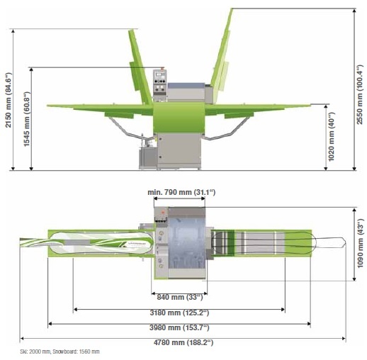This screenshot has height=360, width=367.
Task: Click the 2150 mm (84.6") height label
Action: click(9, 100)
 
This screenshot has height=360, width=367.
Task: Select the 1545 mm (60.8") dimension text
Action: click(27, 119)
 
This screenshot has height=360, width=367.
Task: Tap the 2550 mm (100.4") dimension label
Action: click(360, 94)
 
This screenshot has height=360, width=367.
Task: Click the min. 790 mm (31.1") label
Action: click(181, 192)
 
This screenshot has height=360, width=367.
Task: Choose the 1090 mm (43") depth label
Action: click(360, 243)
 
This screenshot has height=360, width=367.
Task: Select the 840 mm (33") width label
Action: click(180, 297)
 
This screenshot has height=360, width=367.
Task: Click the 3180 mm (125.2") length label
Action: click(179, 313)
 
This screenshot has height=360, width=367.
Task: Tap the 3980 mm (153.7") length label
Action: click(179, 327)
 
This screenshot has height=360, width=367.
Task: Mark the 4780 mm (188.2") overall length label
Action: click(183, 342)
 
